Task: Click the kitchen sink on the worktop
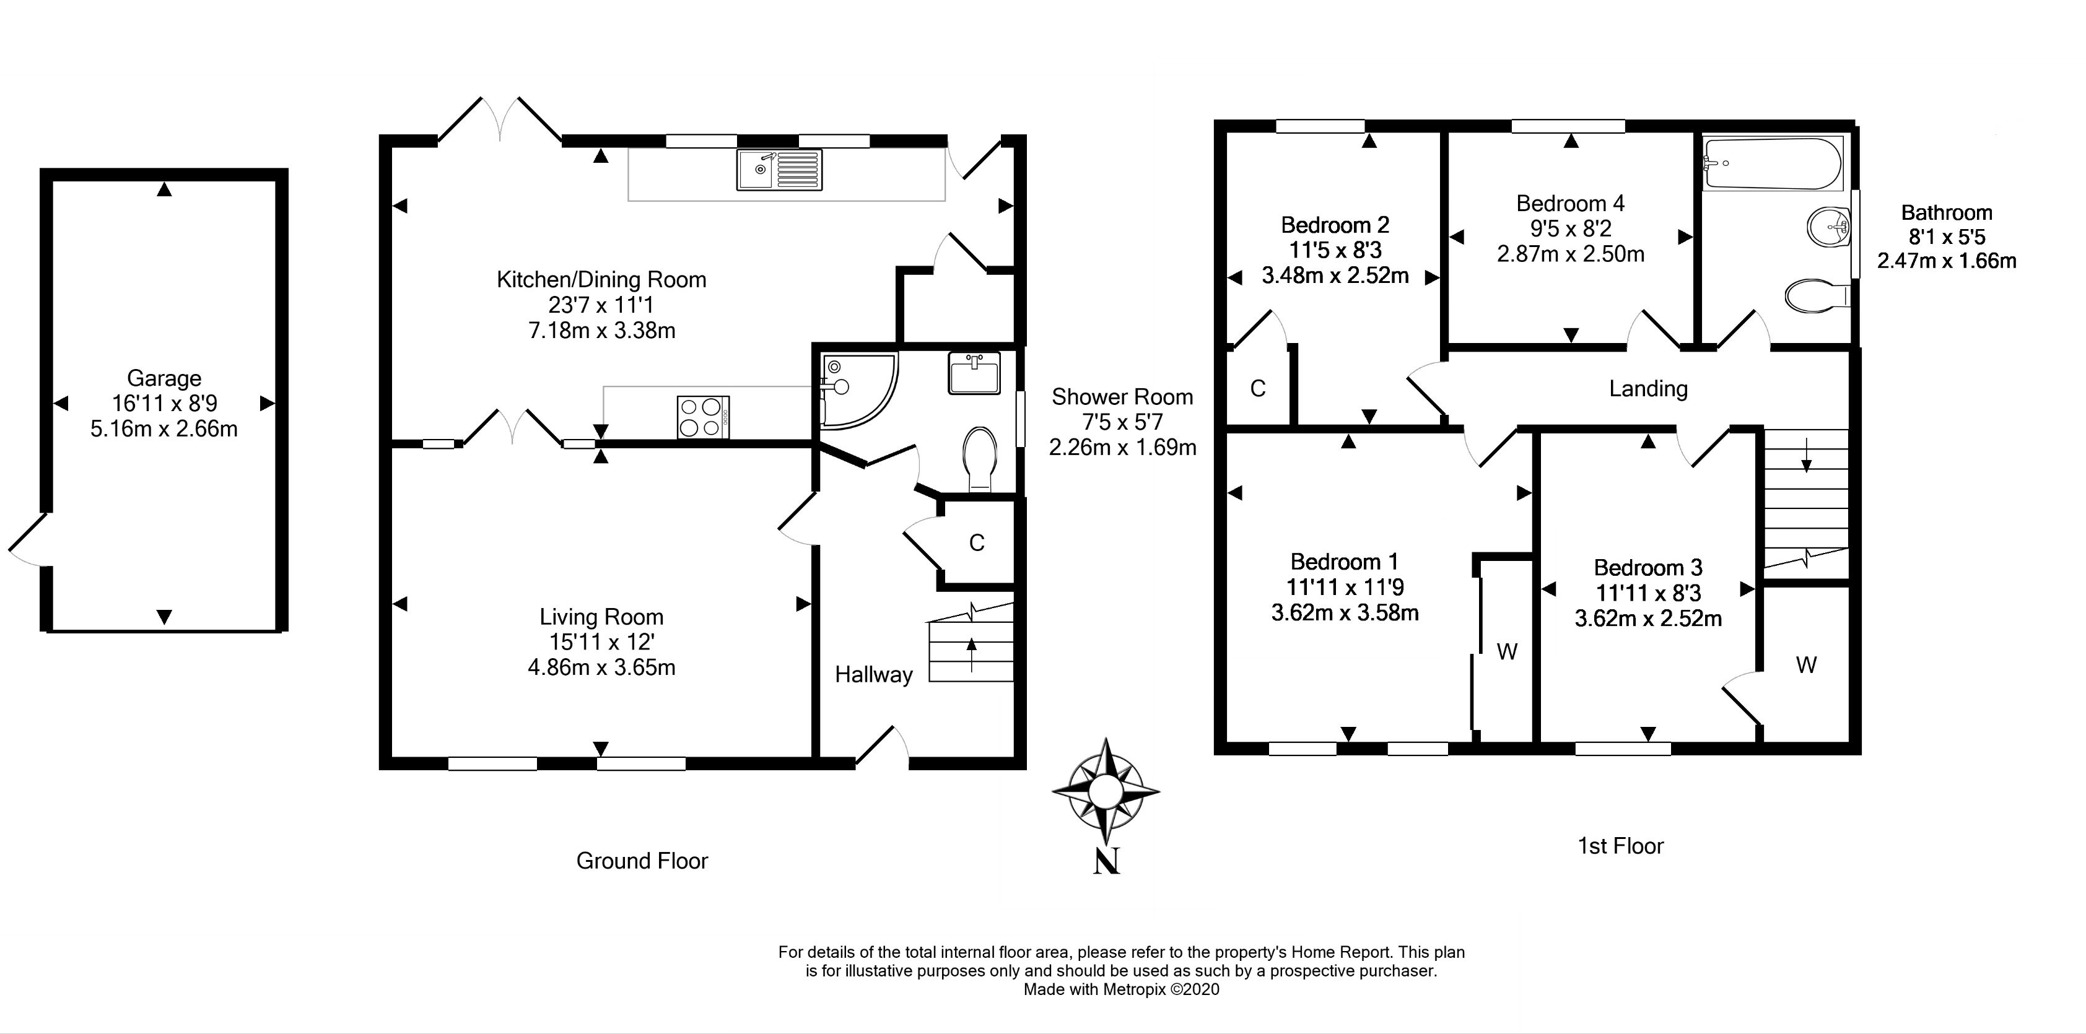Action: tap(779, 170)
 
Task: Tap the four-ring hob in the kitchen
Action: tap(703, 417)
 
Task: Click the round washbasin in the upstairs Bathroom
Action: tap(1828, 225)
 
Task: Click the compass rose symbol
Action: tap(1106, 789)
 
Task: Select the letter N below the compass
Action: tap(1107, 861)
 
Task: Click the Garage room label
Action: tap(164, 378)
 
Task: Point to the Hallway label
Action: tap(874, 674)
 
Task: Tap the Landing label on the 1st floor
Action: tap(1648, 389)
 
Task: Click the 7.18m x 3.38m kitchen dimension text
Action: tap(601, 331)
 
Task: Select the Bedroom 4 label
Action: tap(1570, 202)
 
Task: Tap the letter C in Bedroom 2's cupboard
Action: tap(1257, 389)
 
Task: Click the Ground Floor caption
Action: tap(642, 861)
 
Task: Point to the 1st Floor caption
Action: tap(1620, 846)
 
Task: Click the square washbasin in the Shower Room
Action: tap(974, 373)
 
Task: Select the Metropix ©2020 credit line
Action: tap(1121, 989)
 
